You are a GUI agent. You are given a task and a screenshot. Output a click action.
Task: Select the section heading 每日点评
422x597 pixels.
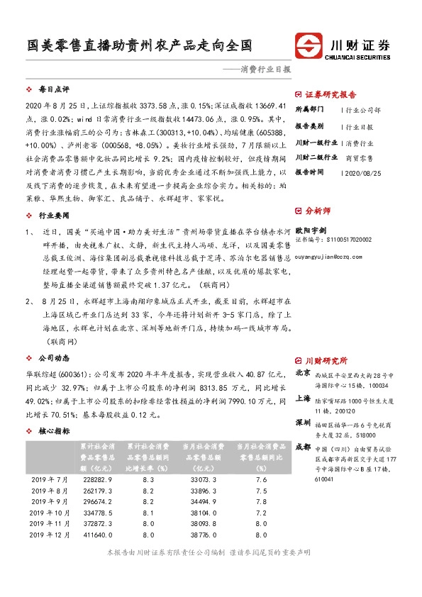point(54,90)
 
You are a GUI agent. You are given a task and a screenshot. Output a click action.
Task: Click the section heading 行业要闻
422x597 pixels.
point(54,213)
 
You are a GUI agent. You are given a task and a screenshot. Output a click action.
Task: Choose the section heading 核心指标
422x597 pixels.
point(54,430)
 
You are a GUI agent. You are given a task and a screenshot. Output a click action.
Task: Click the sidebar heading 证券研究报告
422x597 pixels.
point(331,94)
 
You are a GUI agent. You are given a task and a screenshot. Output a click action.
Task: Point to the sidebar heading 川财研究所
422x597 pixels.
point(326,360)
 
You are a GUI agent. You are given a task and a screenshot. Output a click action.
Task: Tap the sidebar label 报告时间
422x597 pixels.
point(309,172)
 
